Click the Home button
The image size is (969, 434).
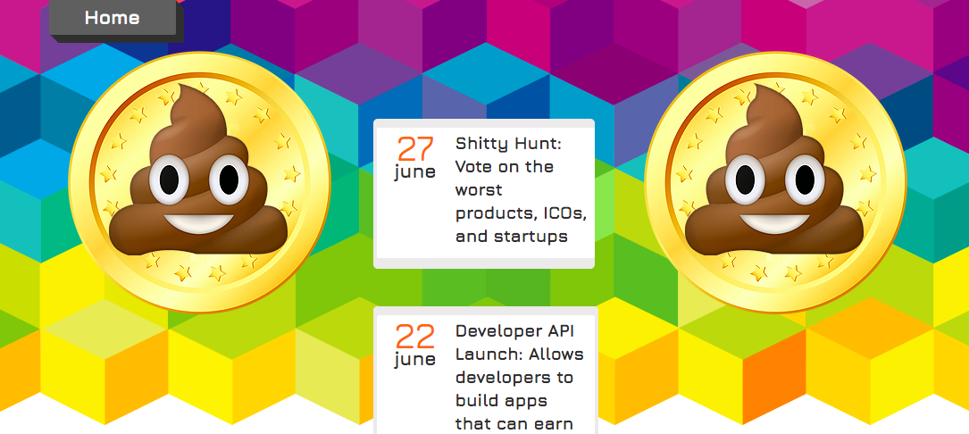tap(113, 18)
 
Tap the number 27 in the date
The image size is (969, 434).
tap(415, 148)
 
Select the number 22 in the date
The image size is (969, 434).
tap(415, 336)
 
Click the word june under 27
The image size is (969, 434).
tap(415, 172)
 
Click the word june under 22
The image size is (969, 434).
tap(415, 360)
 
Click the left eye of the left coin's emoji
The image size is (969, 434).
tap(165, 180)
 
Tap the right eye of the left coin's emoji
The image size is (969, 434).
tap(227, 179)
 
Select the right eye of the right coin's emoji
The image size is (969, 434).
tap(803, 179)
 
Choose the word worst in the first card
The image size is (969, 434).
tap(479, 190)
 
